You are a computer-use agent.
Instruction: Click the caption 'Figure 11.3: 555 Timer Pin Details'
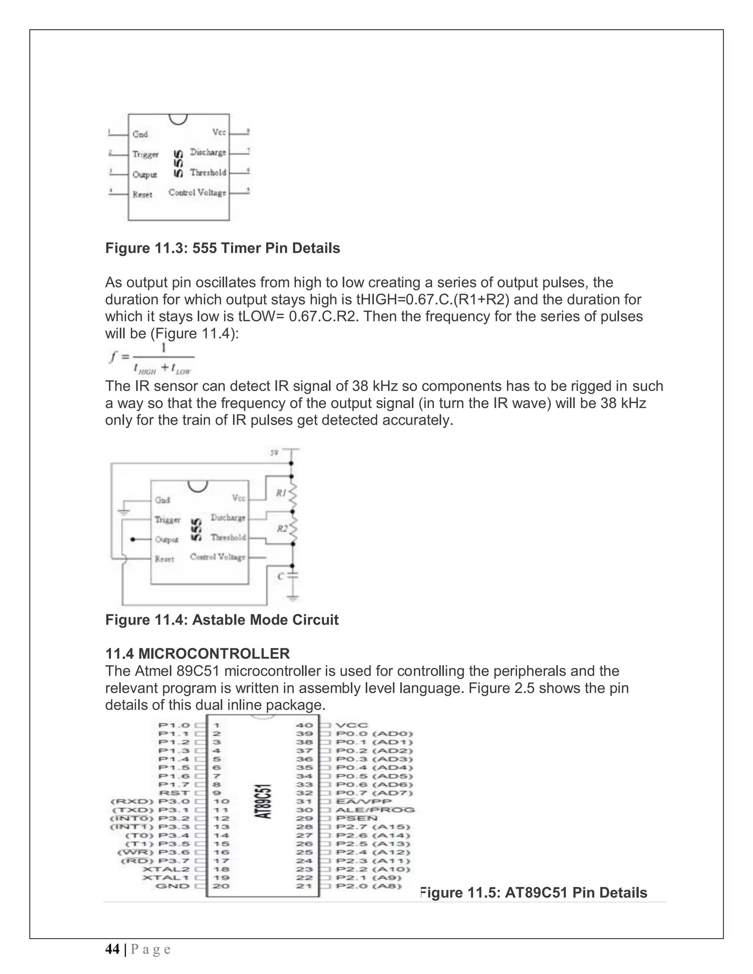point(222,248)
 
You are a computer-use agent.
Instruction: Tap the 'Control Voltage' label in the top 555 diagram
point(197,193)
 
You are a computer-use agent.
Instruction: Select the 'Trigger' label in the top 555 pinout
point(146,154)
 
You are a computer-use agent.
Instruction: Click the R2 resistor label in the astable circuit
point(282,529)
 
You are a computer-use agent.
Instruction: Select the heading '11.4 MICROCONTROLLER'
point(197,654)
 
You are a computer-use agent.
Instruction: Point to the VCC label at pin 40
point(352,726)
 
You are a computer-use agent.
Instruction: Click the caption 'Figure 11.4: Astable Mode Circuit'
point(222,620)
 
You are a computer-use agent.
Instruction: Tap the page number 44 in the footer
point(112,949)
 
